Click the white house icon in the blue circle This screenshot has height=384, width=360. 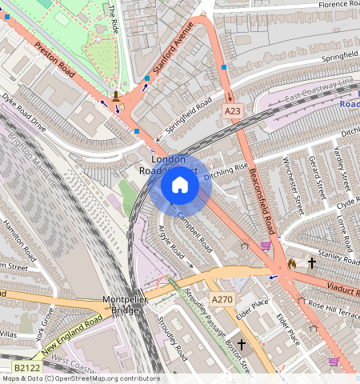180,186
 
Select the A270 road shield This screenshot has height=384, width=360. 222,299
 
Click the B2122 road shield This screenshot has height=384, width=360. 26,368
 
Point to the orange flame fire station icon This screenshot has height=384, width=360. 291,262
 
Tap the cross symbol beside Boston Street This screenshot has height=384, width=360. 242,342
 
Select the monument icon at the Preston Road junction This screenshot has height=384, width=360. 118,96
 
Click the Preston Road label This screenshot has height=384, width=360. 55,60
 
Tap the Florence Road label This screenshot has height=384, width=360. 328,5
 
